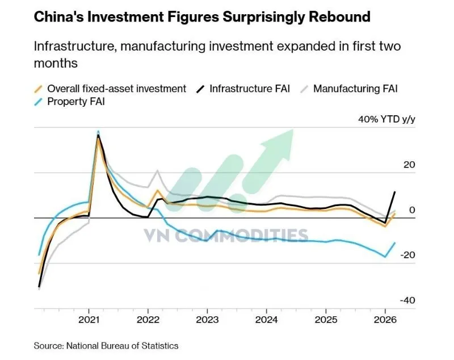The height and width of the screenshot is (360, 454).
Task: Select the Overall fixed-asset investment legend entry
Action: pos(116,89)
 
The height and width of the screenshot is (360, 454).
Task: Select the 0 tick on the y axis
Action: pos(413,210)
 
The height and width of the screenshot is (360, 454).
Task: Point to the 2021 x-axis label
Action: pos(89,320)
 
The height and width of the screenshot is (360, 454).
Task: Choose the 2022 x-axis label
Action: pos(148,320)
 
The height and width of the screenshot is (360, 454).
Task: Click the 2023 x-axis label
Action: pos(207,320)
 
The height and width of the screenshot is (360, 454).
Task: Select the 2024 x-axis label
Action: pos(266,320)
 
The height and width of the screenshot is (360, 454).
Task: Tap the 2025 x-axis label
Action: pos(326,320)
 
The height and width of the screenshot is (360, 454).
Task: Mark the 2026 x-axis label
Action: pos(385,320)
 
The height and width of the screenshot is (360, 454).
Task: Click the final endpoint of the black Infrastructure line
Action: pos(395,192)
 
